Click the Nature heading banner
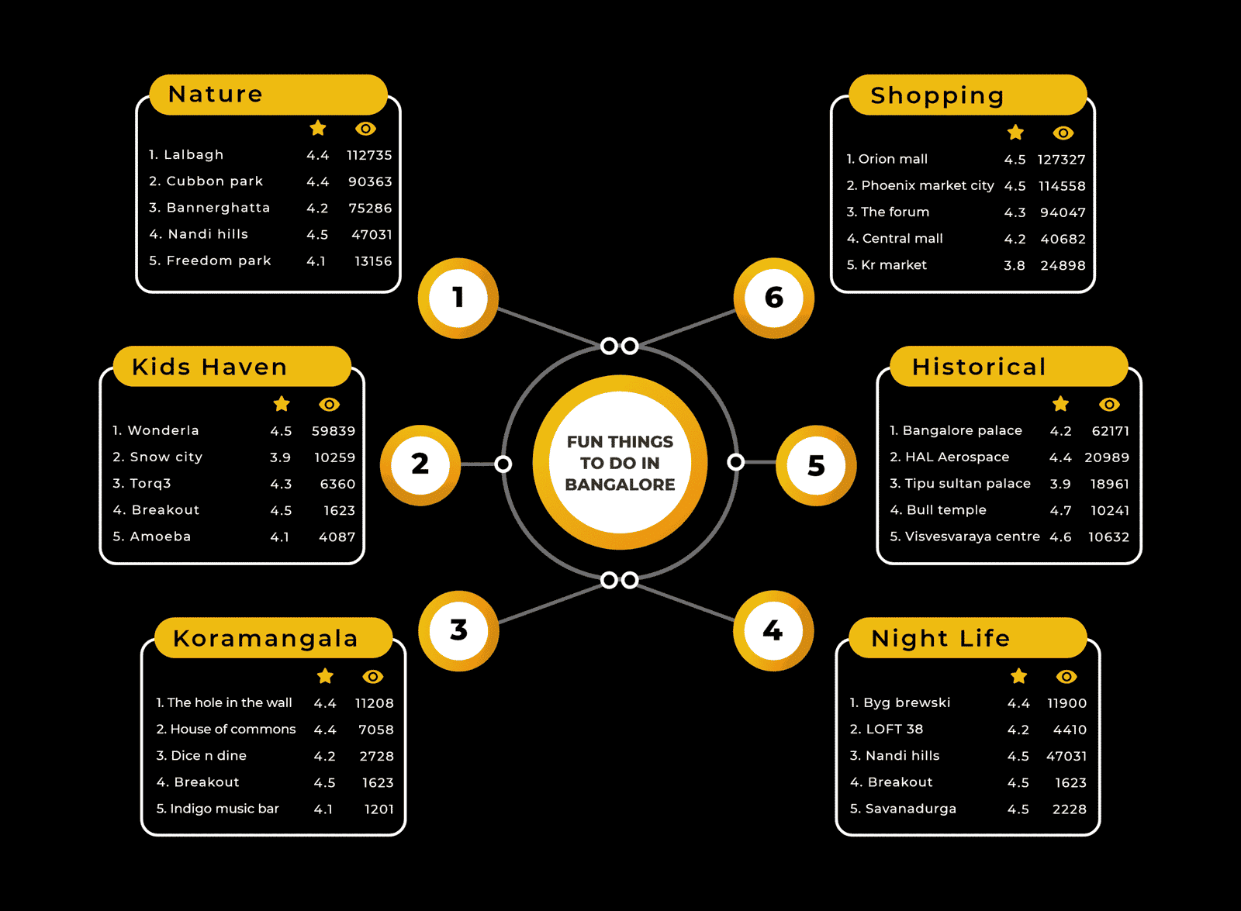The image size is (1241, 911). point(268,95)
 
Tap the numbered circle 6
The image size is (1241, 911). point(774,298)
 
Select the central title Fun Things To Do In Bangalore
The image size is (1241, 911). point(620,463)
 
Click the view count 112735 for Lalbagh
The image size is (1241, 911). point(369,155)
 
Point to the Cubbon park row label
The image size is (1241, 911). point(206,181)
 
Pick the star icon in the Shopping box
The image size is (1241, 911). point(1015,133)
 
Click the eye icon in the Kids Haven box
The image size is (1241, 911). point(329,404)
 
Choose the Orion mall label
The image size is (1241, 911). point(887,159)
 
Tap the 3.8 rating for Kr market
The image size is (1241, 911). point(1015,265)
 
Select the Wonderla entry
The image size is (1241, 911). point(156,430)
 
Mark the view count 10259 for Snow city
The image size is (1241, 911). point(334,457)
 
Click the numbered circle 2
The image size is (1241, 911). point(420,464)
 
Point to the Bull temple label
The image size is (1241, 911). point(938,510)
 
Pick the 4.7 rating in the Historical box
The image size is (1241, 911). point(1060,511)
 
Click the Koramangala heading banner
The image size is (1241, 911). point(274,638)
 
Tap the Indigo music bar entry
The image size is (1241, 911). point(218,809)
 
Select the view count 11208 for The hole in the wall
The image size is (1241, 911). point(375,703)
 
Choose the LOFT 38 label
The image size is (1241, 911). point(887,730)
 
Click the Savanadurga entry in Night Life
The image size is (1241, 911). point(903,809)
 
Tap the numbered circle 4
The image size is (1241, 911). point(773,631)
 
